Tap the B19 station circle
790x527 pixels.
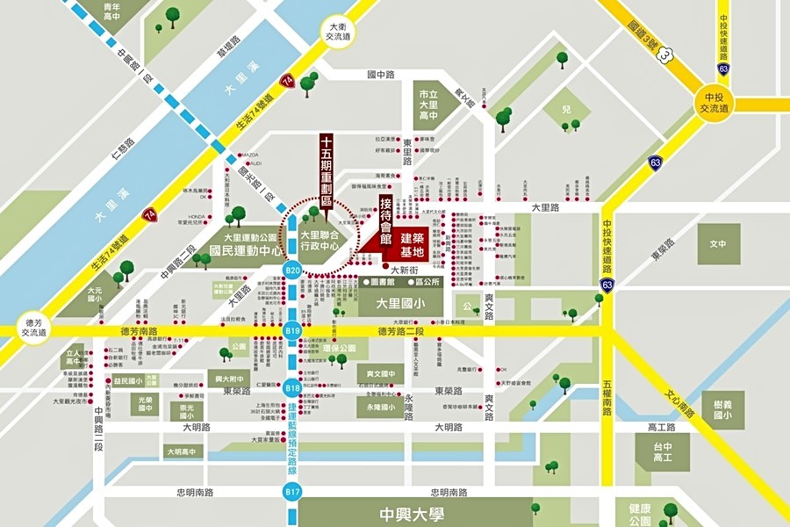tap(292, 331)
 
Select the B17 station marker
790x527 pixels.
tap(292, 492)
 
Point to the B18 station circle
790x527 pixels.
tap(292, 387)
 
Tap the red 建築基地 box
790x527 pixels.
tap(413, 245)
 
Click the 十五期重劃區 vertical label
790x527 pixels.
tap(326, 171)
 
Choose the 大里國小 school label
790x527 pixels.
tap(399, 303)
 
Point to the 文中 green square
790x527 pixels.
tap(718, 243)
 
